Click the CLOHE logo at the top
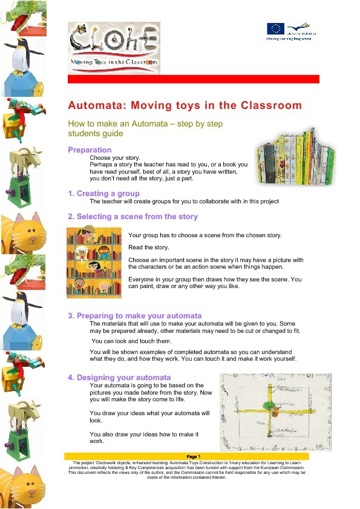114,44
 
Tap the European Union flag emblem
275,28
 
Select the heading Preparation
90,149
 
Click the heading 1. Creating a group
103,194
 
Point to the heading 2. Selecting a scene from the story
133,216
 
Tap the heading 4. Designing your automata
119,378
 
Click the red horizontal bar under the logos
193,79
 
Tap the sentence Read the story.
149,248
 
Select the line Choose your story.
115,157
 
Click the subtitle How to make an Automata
145,123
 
